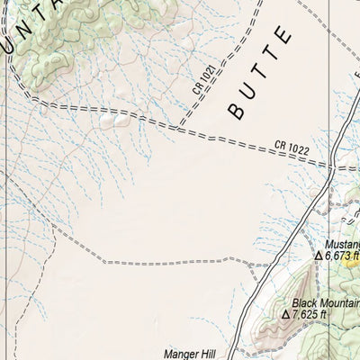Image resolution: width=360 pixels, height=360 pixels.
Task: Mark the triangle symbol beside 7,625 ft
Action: point(286,316)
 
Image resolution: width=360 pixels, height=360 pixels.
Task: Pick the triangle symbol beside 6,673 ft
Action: point(318,256)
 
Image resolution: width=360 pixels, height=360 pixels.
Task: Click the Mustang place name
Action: point(342,243)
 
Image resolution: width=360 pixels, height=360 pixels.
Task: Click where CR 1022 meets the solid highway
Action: point(335,168)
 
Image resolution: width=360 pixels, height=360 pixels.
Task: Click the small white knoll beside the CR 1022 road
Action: point(116,117)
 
